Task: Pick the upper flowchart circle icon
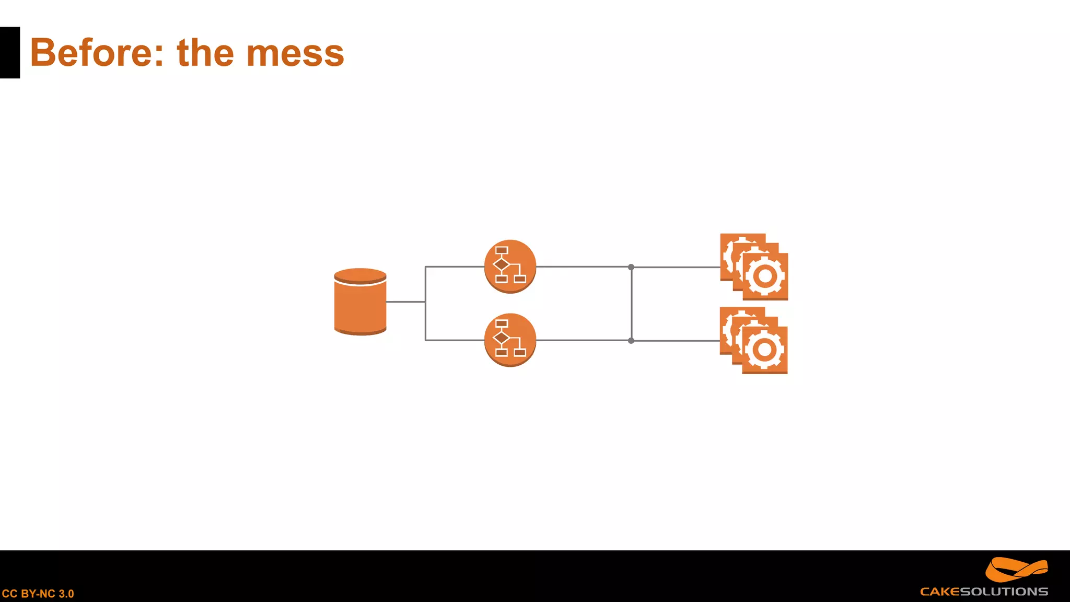coord(510,266)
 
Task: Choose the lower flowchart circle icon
coord(510,340)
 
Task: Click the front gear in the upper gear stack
coord(765,276)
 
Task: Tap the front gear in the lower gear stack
coord(764,350)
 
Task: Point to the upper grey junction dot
coord(631,267)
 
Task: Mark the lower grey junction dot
coord(631,341)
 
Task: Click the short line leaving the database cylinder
coord(405,302)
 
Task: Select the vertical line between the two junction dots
coord(632,304)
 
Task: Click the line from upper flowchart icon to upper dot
coord(583,267)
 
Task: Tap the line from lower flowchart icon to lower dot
coord(583,340)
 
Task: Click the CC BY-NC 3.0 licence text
coord(38,594)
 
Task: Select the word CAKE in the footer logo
coord(940,592)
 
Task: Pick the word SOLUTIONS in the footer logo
coord(1004,592)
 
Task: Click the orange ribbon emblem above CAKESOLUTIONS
coord(1016,569)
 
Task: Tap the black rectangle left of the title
coord(10,53)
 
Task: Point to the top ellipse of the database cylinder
coord(360,275)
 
